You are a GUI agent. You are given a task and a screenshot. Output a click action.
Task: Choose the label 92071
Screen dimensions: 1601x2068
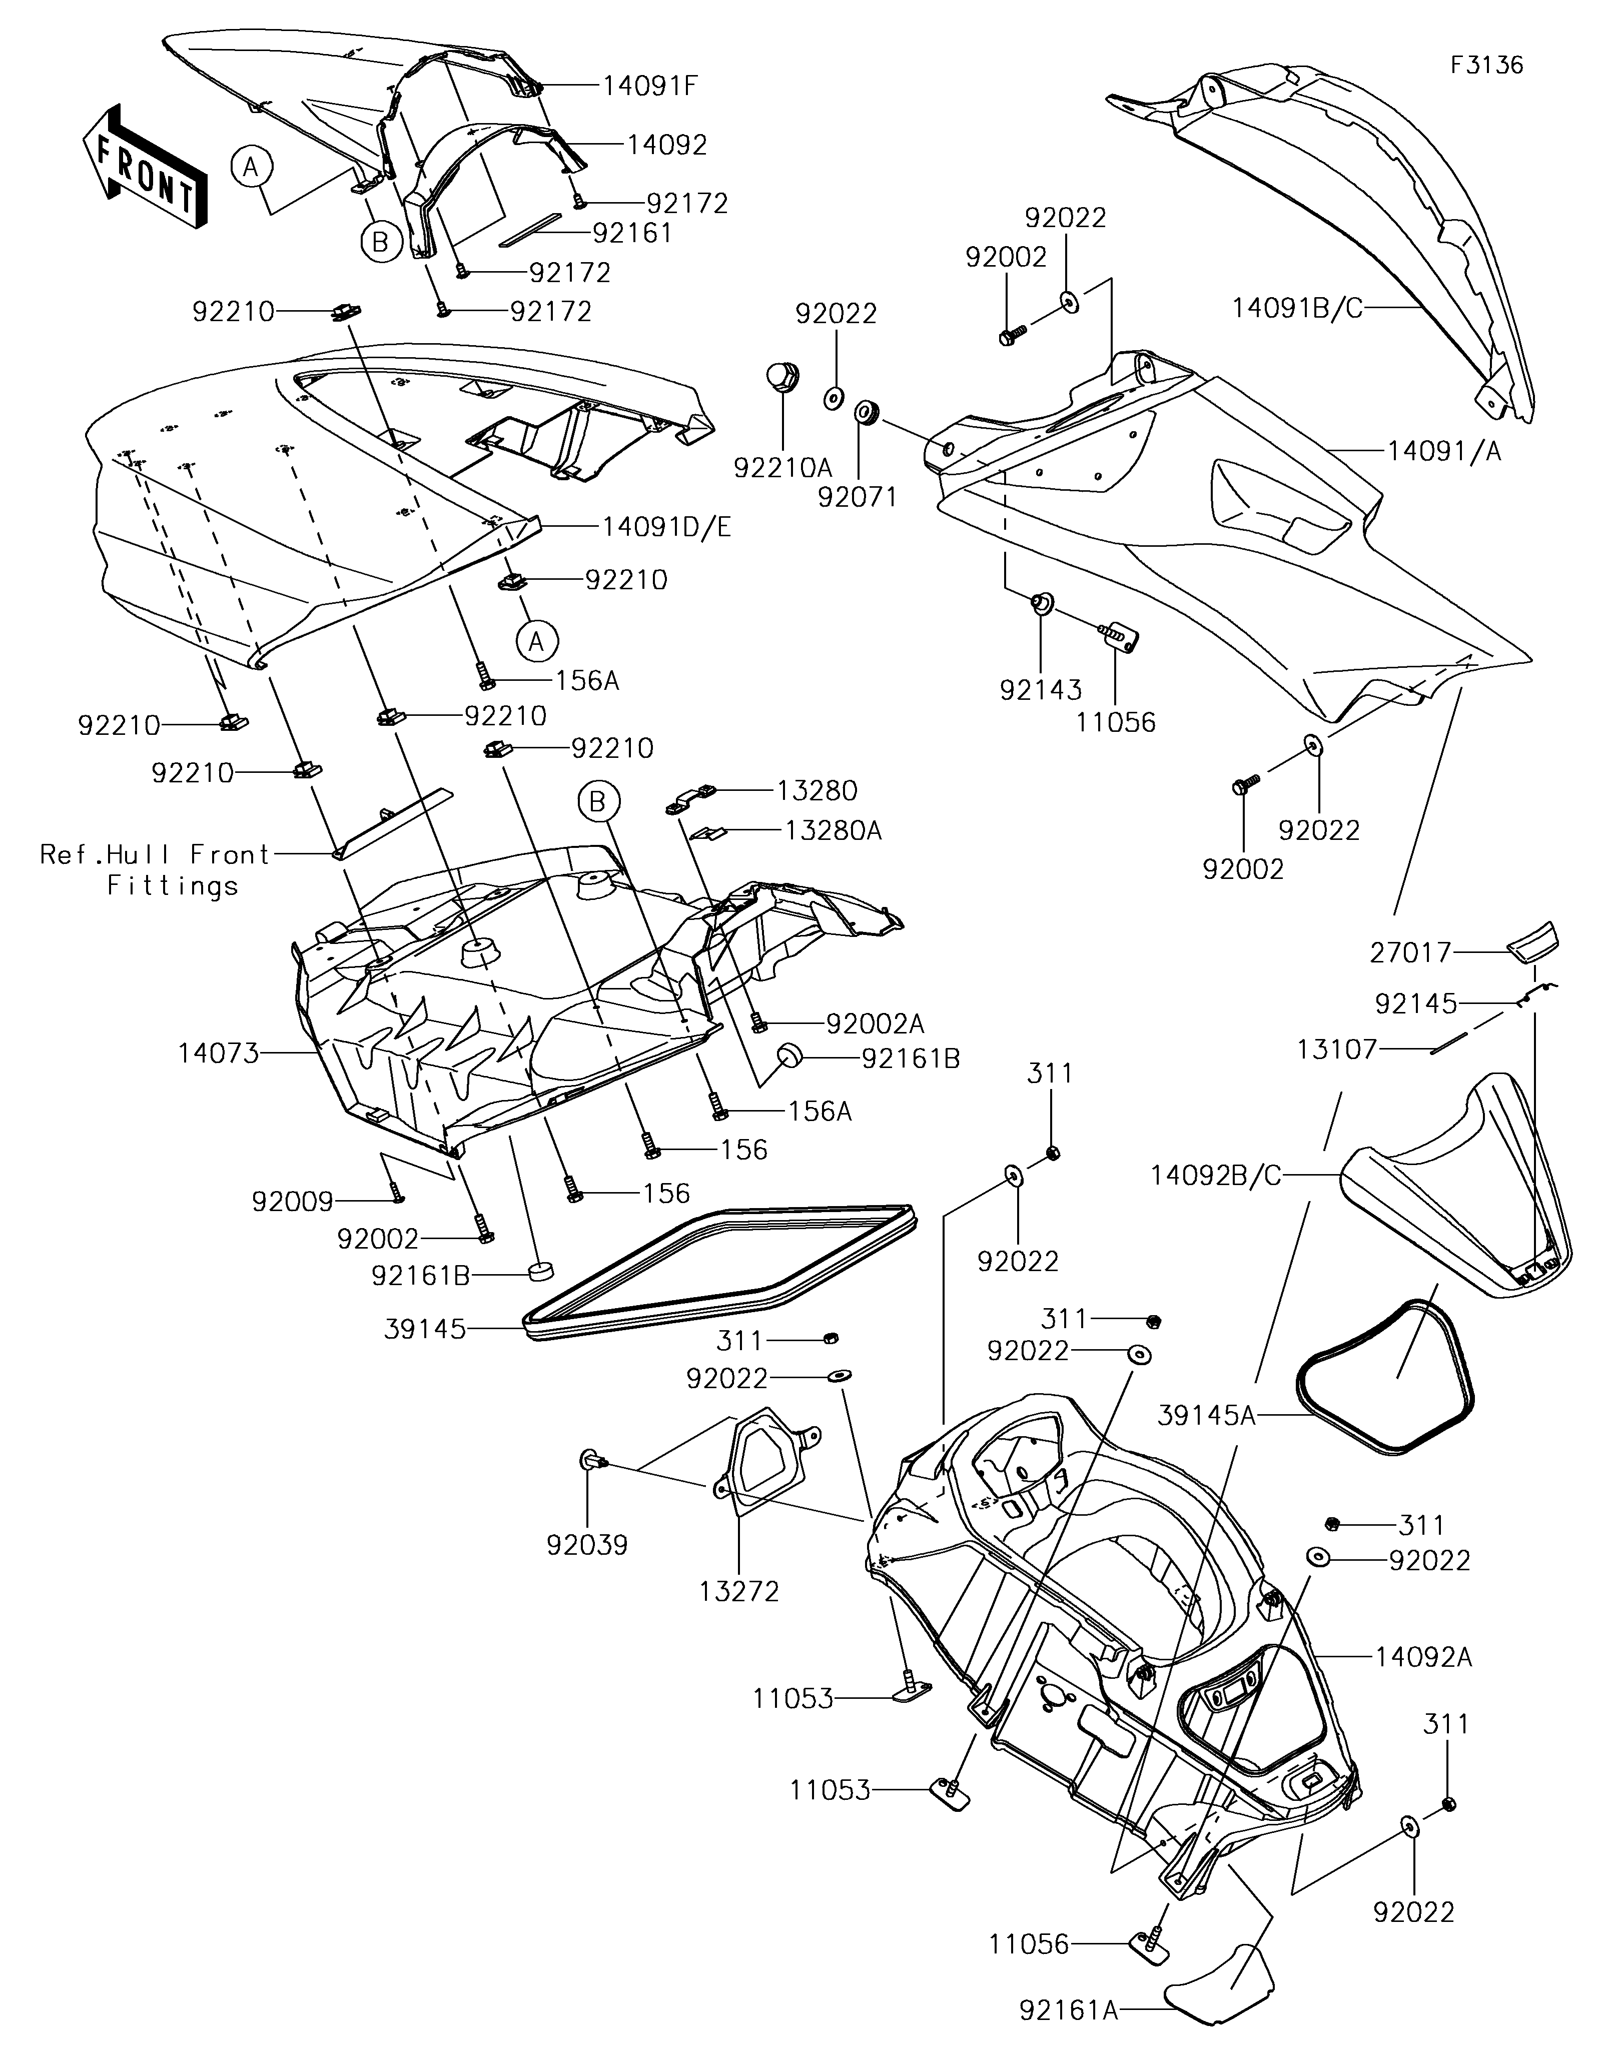coord(858,496)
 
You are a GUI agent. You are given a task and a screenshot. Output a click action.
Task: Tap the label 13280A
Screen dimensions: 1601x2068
coord(833,830)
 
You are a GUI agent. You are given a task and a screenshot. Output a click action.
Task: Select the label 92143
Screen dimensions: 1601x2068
coord(1041,689)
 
